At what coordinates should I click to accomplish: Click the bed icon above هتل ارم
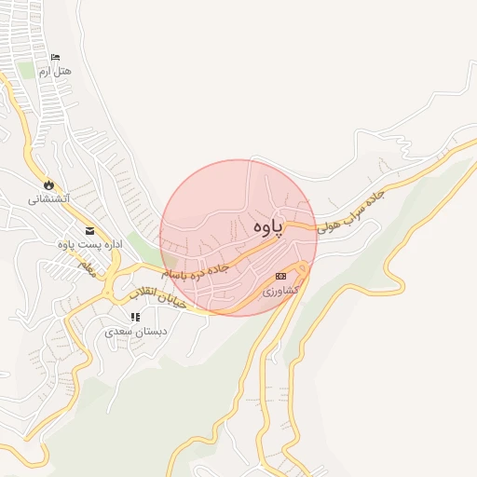point(55,58)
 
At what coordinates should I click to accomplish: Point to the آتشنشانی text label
point(49,198)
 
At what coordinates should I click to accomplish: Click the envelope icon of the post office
point(89,231)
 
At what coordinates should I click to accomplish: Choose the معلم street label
point(87,268)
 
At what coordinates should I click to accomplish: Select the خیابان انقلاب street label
point(157,298)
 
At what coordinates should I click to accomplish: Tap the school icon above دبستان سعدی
point(135,317)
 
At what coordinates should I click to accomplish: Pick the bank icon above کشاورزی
point(281,276)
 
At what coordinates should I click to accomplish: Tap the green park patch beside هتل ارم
point(26,71)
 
